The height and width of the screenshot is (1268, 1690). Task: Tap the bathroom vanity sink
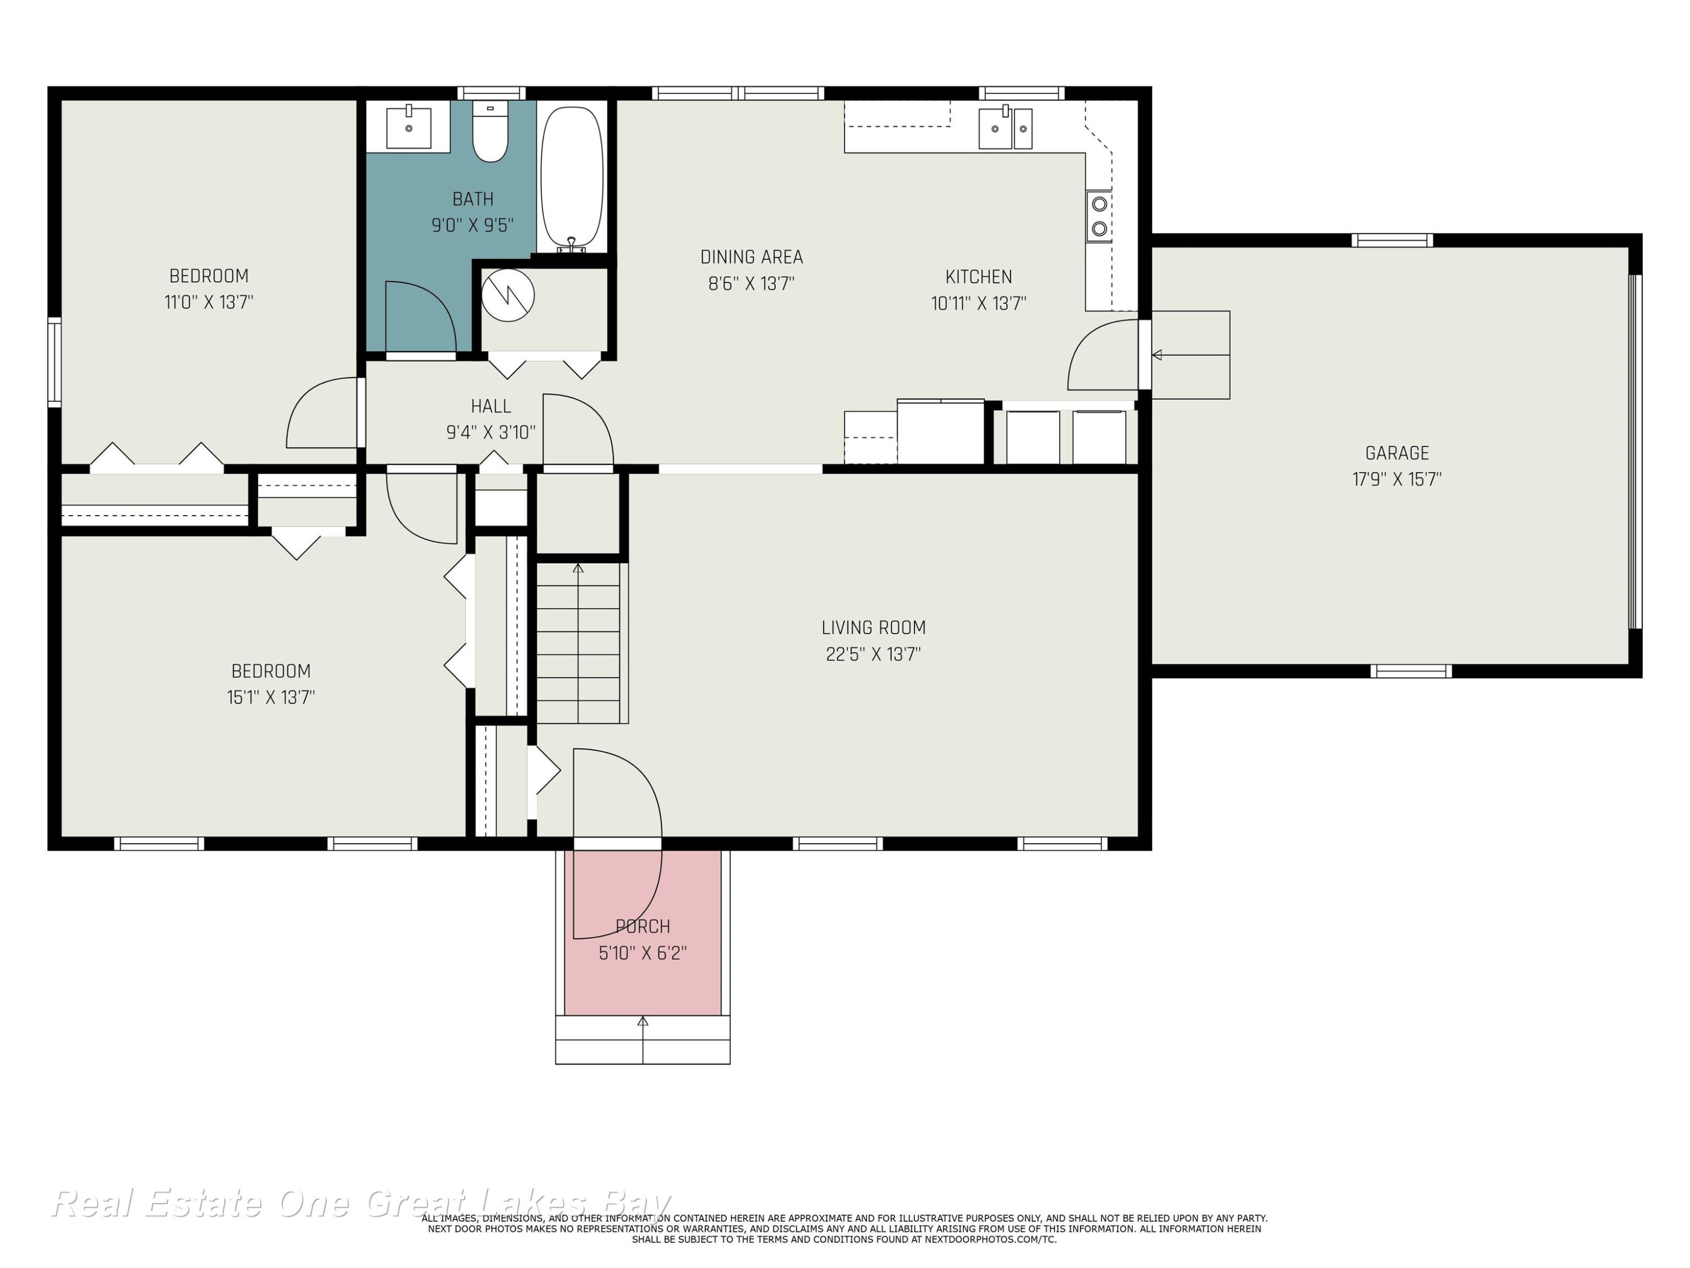point(409,127)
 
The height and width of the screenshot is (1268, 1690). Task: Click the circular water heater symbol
point(508,295)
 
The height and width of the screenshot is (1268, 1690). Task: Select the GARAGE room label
point(1397,453)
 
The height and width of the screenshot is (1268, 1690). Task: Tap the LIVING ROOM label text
point(873,627)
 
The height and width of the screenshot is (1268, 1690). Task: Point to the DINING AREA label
point(752,258)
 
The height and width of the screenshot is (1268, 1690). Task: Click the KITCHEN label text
point(979,277)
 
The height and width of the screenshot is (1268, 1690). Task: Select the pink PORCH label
point(643,926)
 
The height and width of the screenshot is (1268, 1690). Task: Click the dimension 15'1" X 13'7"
point(270,697)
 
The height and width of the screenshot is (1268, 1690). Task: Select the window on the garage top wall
point(1392,240)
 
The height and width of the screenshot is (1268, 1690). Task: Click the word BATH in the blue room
point(473,199)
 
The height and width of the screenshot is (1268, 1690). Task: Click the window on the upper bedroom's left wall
point(54,362)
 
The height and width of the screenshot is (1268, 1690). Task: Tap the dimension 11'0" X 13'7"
point(208,302)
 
